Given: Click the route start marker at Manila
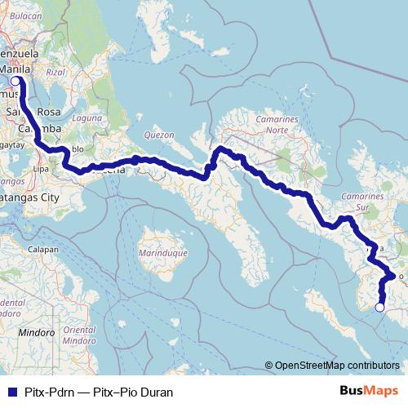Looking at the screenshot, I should (x=15, y=81).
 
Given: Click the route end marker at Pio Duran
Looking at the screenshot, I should (x=379, y=307).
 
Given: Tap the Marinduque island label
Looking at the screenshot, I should (x=165, y=253).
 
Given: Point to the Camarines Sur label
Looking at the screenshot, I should (x=364, y=202).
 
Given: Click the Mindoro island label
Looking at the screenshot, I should (x=37, y=332).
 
